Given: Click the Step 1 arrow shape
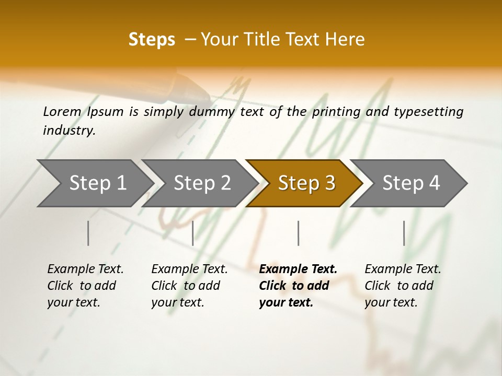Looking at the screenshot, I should pyautogui.click(x=94, y=183).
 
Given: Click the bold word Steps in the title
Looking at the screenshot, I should pyautogui.click(x=152, y=40).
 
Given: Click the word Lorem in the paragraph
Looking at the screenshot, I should pyautogui.click(x=62, y=112).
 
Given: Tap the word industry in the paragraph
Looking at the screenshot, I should pyautogui.click(x=69, y=131).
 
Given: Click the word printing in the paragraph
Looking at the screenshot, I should pyautogui.click(x=336, y=112).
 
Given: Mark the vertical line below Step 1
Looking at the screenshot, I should pyautogui.click(x=88, y=233).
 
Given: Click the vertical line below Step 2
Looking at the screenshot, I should pyautogui.click(x=193, y=233).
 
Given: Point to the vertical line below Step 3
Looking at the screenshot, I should pyautogui.click(x=298, y=233).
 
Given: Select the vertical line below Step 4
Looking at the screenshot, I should pyautogui.click(x=404, y=233).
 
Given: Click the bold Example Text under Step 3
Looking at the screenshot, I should pyautogui.click(x=298, y=269).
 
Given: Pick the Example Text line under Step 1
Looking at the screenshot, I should pyautogui.click(x=85, y=269).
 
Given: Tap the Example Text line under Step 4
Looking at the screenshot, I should pyautogui.click(x=403, y=269).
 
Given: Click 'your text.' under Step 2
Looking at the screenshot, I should pyautogui.click(x=177, y=302).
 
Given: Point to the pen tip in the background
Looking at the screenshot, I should pyautogui.click(x=207, y=97).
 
